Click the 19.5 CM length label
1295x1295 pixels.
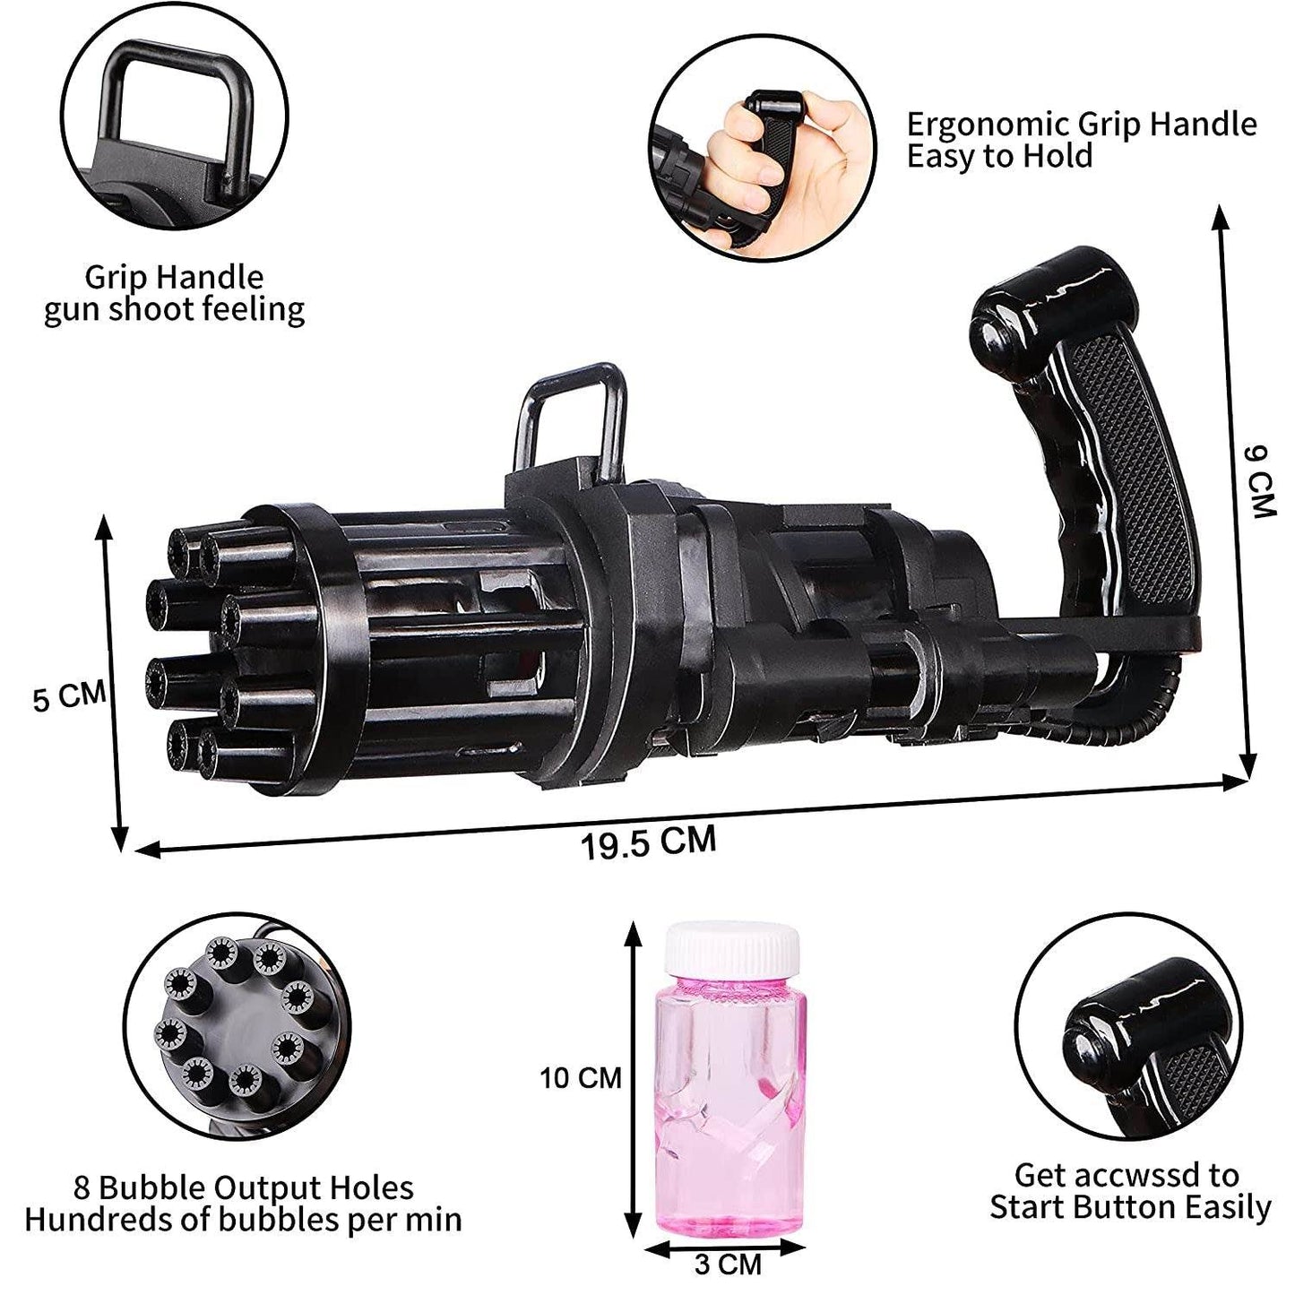point(649,842)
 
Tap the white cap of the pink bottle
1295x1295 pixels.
point(732,949)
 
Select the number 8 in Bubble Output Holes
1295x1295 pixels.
point(82,1206)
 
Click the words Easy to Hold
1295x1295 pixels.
point(1000,158)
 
